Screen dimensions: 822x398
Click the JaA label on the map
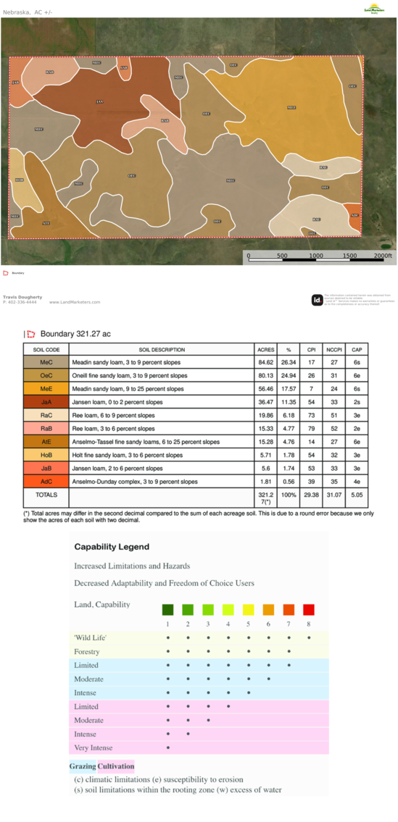tap(99, 101)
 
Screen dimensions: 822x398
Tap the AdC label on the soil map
tap(355, 215)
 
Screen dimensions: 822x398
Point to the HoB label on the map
tap(19, 180)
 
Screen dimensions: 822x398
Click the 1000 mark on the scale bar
tap(316, 256)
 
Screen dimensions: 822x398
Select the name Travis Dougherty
tap(22, 297)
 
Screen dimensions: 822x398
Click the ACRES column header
tap(266, 349)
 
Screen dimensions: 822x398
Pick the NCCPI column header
tap(334, 349)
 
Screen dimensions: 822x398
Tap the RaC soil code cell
tap(46, 415)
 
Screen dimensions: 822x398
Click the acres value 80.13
tap(266, 375)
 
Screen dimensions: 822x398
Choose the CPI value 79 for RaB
tap(311, 428)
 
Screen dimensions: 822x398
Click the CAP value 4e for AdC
tap(357, 481)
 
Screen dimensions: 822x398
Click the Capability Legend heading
tap(112, 547)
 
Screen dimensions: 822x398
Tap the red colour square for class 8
tap(309, 610)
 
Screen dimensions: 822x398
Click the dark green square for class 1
tap(167, 610)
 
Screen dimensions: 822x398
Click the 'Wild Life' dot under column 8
tap(309, 638)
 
